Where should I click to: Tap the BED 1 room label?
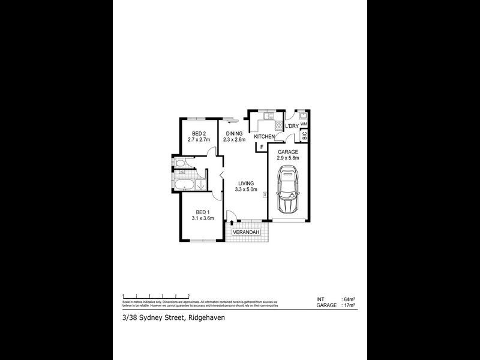click(202, 212)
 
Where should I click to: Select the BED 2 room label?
click(199, 133)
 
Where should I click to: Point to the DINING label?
click(234, 133)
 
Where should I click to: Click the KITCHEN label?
click(264, 137)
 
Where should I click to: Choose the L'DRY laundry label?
click(292, 126)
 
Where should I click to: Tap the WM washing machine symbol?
click(304, 123)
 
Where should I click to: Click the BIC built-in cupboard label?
click(304, 136)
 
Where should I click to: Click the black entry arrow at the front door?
click(232, 223)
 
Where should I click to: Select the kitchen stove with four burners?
click(278, 125)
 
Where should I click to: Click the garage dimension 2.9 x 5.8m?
click(287, 159)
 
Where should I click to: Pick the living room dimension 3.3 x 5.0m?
click(246, 190)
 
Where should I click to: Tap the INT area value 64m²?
click(349, 299)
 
